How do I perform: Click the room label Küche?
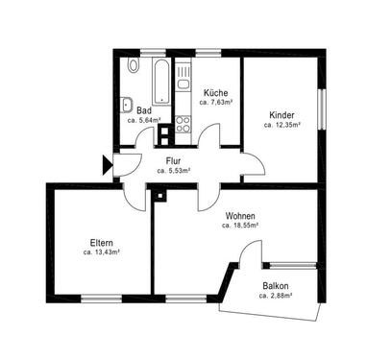point(214,92)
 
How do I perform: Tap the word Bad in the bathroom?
point(145,110)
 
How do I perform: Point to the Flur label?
point(174,160)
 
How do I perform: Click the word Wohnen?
point(240,216)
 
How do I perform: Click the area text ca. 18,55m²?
point(240,226)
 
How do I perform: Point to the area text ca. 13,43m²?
point(100,253)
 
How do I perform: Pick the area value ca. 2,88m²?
point(276,297)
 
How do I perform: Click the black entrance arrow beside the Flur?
point(107,164)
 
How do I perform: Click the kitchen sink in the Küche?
point(183,86)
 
